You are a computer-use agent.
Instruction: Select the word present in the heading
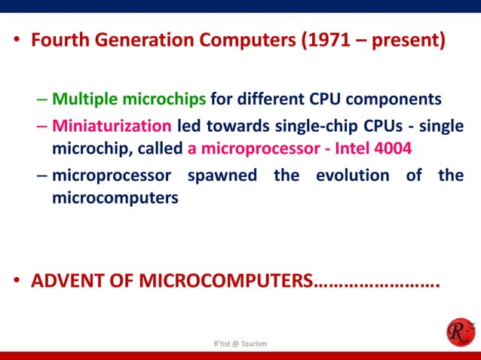(x=408, y=39)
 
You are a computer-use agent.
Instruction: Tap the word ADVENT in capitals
(x=66, y=282)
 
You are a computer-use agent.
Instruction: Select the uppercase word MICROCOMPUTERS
(x=226, y=282)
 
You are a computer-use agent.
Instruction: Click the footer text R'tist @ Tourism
(x=240, y=343)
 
